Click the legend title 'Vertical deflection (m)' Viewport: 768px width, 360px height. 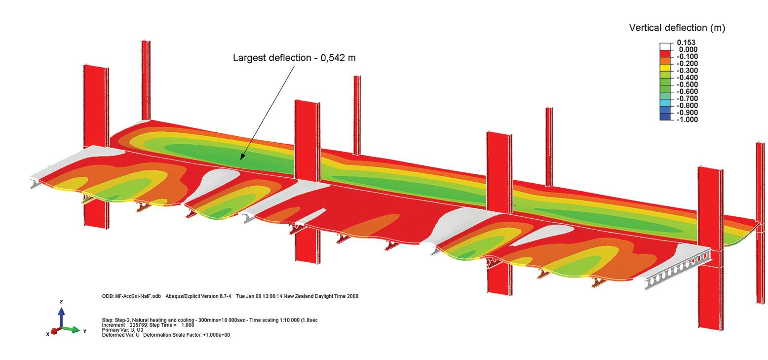point(677,28)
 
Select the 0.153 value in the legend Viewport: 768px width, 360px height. point(686,42)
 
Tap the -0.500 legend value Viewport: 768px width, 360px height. point(687,84)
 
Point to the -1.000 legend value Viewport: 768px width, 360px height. point(687,120)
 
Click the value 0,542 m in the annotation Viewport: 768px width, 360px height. point(338,58)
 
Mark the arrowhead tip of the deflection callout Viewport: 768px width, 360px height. point(241,160)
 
